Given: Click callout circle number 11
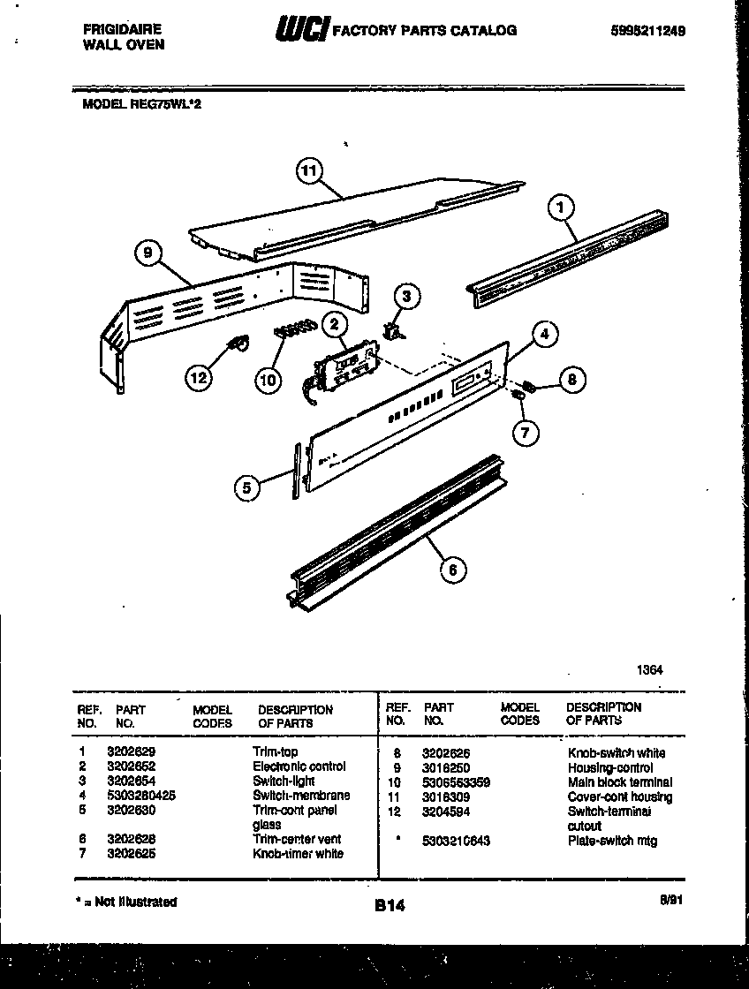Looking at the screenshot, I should pyautogui.click(x=309, y=172).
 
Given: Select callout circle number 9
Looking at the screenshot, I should pyautogui.click(x=150, y=254).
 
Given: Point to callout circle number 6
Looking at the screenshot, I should pyautogui.click(x=453, y=570).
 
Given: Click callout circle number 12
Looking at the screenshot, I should pyautogui.click(x=200, y=378).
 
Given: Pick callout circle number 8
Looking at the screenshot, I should pyautogui.click(x=571, y=380).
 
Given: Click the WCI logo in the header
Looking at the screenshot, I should pyautogui.click(x=303, y=31).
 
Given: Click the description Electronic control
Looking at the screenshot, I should pyautogui.click(x=299, y=766).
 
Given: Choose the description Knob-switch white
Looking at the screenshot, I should pyautogui.click(x=617, y=753).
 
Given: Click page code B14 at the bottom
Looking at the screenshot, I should pyautogui.click(x=390, y=905).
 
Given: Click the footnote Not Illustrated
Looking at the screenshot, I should pyautogui.click(x=125, y=902).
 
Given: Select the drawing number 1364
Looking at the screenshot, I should pyautogui.click(x=649, y=670).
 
